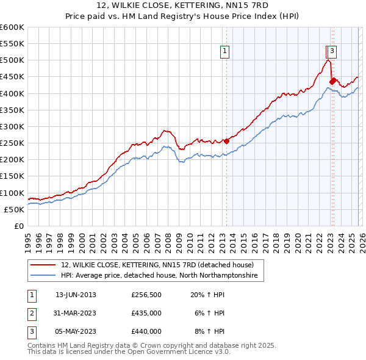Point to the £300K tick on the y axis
(12, 127)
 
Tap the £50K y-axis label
(15, 209)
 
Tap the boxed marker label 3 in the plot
(332, 51)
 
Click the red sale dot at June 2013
(226, 141)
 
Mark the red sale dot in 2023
(332, 81)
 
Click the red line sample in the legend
(44, 265)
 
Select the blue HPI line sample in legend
(44, 276)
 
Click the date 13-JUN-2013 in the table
(76, 295)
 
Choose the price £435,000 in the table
(146, 313)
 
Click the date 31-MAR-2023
(76, 313)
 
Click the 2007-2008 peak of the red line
(165, 131)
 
